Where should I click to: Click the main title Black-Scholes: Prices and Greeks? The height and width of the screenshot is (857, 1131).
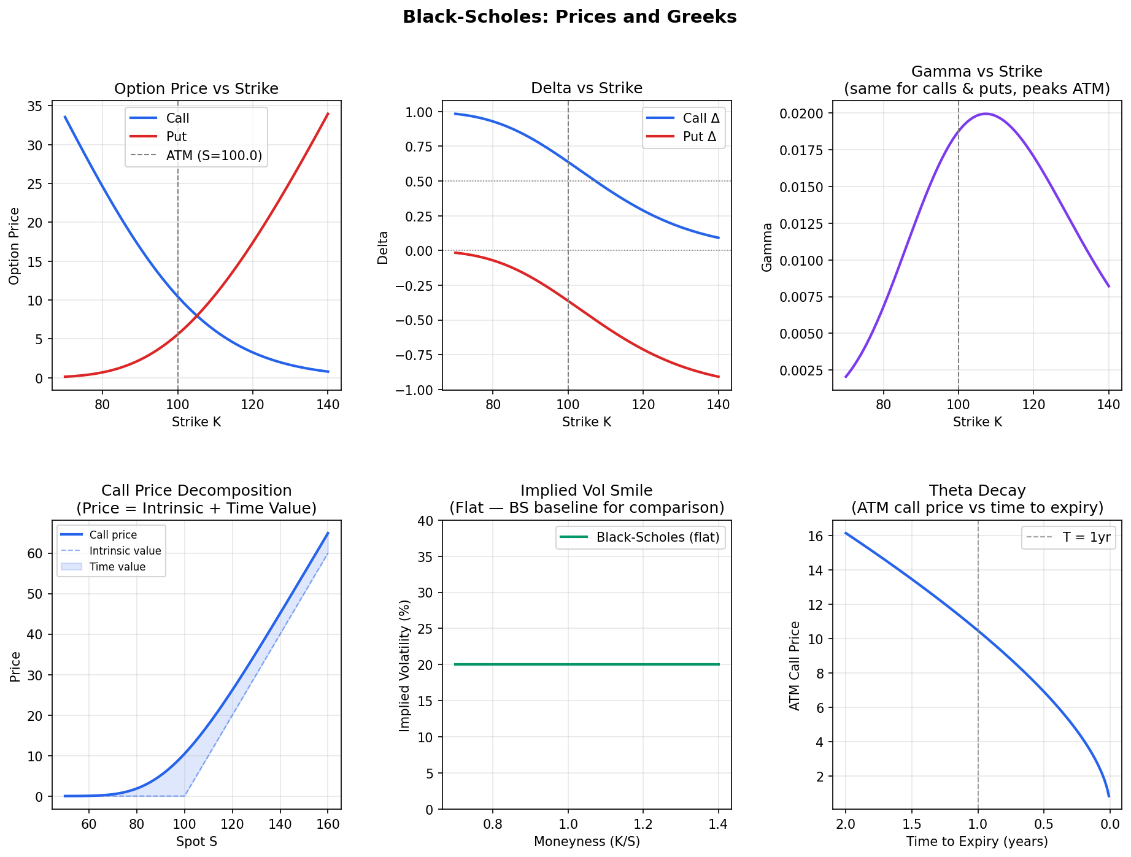coord(569,17)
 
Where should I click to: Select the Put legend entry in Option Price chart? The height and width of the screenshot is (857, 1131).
coord(176,137)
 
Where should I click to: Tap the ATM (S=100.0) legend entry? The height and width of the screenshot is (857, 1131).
coord(214,156)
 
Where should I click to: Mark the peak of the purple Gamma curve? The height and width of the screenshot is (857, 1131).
coord(986,113)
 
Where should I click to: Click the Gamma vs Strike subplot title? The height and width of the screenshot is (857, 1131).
coord(976,80)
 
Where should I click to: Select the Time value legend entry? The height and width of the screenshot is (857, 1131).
coord(117,567)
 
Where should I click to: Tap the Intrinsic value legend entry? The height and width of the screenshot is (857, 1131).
coord(125,551)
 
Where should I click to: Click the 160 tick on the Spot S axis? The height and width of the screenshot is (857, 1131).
coord(328,824)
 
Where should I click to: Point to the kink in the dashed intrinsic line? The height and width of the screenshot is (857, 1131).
coord(185,796)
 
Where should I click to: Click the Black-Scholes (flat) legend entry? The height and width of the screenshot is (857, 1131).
coord(657,537)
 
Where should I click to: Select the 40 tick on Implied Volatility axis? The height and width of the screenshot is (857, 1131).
coord(425,521)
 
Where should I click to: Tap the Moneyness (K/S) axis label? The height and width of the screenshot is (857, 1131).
coord(587,842)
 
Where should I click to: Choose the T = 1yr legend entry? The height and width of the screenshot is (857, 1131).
coord(1086,537)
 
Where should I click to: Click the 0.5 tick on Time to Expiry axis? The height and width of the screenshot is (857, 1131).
coord(1043,824)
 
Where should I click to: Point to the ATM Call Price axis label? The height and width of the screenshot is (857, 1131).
coord(795,666)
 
